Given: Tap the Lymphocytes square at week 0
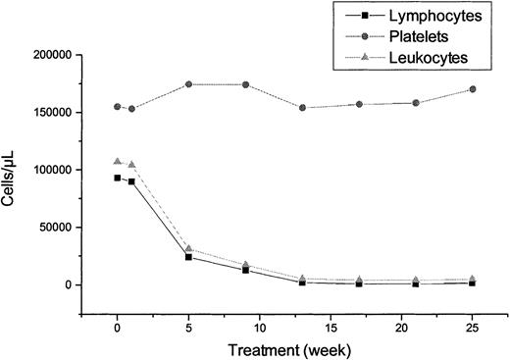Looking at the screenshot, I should [x=118, y=178].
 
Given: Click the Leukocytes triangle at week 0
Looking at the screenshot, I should [x=118, y=162].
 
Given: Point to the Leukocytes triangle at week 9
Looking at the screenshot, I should [x=245, y=265].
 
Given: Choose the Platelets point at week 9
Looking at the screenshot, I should [x=245, y=84].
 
